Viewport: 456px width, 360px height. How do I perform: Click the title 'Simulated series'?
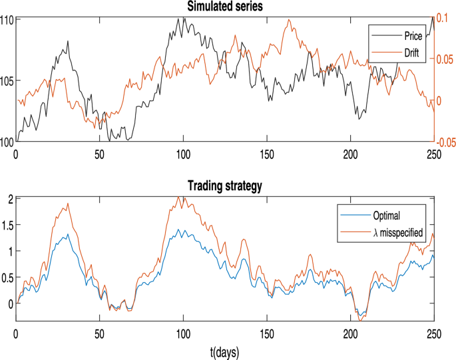click(x=224, y=6)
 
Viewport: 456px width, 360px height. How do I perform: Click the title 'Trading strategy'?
click(x=224, y=187)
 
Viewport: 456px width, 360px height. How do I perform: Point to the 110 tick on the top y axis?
click(x=7, y=20)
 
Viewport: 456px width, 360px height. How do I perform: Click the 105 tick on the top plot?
click(x=7, y=81)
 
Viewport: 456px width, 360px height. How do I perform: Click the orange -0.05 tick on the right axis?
click(x=445, y=141)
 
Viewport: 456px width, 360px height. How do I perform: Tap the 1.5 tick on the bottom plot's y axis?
click(x=7, y=225)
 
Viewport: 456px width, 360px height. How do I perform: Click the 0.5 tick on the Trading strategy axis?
click(x=7, y=277)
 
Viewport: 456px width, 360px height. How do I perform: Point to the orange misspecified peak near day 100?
click(x=178, y=197)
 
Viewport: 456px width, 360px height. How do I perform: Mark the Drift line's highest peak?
click(x=289, y=20)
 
